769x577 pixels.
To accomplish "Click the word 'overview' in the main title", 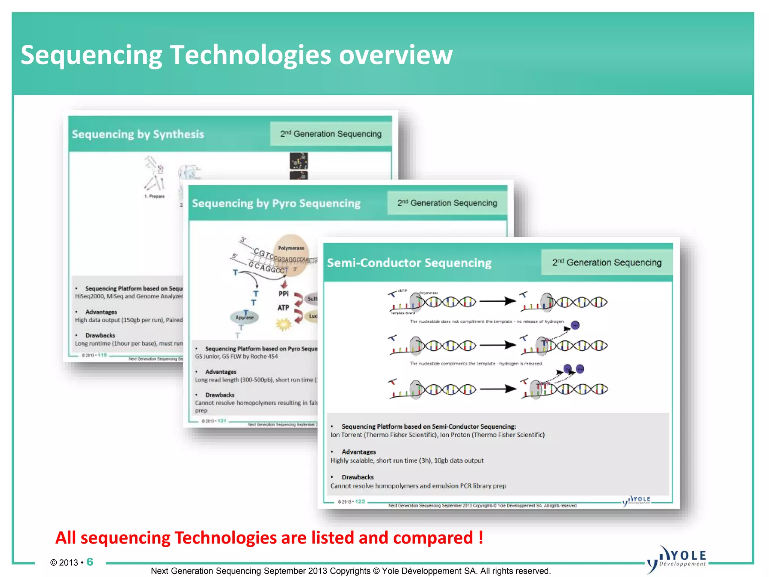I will [396, 55].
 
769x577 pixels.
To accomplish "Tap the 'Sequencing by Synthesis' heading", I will [138, 134].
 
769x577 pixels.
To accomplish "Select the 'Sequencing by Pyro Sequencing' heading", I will [276, 203].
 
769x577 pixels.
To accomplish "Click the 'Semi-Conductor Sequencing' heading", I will [409, 263].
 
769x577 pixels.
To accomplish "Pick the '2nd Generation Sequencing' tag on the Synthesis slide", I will [330, 134].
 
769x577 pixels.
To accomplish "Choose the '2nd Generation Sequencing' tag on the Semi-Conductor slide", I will [606, 262].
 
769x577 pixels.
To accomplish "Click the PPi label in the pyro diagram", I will [283, 294].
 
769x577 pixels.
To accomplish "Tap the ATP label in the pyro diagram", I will [283, 308].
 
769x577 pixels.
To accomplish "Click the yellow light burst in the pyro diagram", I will [283, 324].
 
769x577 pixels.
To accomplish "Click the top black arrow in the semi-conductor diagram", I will [498, 301].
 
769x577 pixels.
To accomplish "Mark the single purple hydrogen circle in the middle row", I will [575, 325].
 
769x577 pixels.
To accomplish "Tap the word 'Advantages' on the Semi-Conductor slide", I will [359, 452].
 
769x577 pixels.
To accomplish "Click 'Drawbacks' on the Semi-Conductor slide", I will [357, 477].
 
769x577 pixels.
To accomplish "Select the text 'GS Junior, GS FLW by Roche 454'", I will [236, 356].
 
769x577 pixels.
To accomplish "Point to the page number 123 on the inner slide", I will [360, 501].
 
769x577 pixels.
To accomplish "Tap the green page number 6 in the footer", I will [90, 562].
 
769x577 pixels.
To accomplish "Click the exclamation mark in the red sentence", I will [481, 537].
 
